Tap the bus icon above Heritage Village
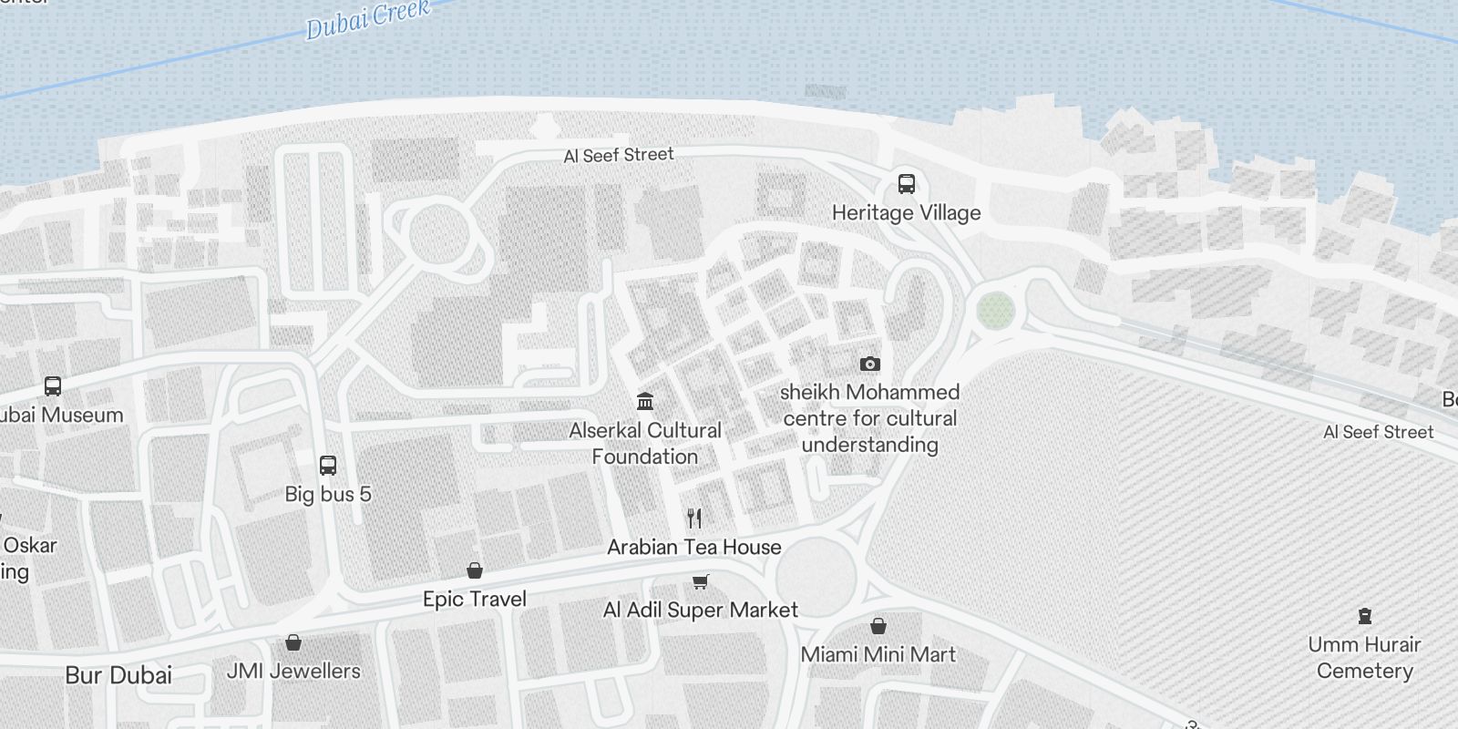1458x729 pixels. click(x=906, y=184)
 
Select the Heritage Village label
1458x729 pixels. click(x=906, y=213)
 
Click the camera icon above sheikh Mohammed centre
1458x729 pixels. click(x=869, y=364)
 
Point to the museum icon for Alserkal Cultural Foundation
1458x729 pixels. click(x=645, y=401)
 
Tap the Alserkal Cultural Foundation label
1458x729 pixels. click(x=645, y=443)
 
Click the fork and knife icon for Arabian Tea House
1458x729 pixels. click(x=694, y=519)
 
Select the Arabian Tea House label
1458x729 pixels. click(x=694, y=547)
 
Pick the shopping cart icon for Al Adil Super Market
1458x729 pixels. click(x=700, y=581)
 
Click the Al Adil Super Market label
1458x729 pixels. click(x=700, y=610)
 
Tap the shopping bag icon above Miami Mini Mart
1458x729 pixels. click(x=878, y=626)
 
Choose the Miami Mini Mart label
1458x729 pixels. click(x=878, y=654)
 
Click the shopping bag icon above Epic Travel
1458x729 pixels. click(x=474, y=570)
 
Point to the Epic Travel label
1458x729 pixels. click(x=474, y=599)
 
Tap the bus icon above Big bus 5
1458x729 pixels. click(x=328, y=466)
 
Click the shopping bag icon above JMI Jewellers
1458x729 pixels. click(x=293, y=642)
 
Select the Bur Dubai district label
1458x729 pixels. click(x=118, y=675)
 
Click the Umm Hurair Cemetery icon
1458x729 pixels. click(x=1364, y=616)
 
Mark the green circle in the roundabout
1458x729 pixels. click(x=995, y=311)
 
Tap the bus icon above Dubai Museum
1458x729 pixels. click(x=53, y=386)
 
